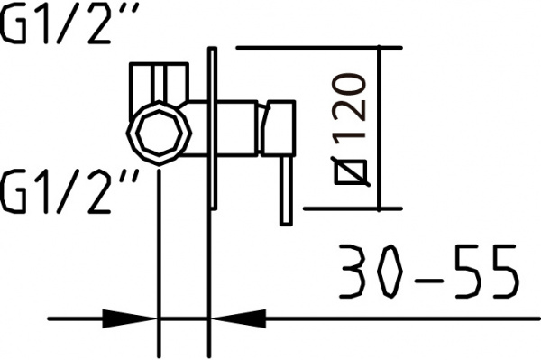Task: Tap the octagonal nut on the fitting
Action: (x=160, y=133)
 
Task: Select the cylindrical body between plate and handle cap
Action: (x=236, y=127)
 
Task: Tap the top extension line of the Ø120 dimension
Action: (x=316, y=47)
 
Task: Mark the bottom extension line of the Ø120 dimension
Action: (x=347, y=208)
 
